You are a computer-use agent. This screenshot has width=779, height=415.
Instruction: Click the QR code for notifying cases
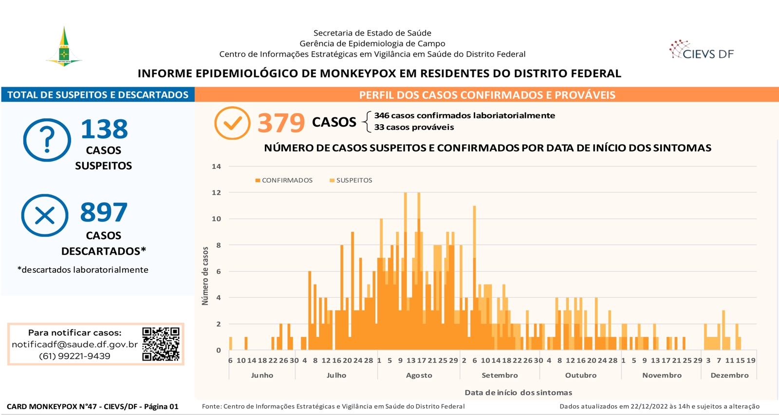[161, 344]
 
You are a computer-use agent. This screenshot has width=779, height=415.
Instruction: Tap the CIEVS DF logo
[702, 50]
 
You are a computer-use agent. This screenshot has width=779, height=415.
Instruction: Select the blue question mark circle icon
[47, 140]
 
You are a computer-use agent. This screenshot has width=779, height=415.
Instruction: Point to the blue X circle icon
[45, 215]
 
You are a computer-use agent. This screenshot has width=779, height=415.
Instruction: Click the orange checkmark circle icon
[232, 123]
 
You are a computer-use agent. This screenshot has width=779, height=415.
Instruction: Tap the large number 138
[104, 129]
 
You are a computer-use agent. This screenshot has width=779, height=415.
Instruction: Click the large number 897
[104, 212]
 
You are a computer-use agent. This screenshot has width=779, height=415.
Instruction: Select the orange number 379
[281, 123]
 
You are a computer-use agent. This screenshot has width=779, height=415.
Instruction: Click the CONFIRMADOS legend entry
[284, 180]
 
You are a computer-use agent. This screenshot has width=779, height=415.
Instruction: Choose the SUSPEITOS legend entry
[351, 180]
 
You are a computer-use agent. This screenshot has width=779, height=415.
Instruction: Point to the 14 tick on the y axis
[216, 166]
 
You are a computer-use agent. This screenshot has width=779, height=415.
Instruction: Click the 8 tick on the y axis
[219, 245]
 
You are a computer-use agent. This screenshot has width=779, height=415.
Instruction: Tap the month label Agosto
[419, 376]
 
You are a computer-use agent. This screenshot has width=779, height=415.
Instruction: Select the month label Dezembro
[730, 376]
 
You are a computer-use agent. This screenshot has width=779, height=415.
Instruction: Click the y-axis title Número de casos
[205, 276]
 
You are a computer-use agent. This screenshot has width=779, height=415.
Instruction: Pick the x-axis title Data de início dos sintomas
[518, 393]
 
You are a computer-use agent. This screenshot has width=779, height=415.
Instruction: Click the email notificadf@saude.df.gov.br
[75, 344]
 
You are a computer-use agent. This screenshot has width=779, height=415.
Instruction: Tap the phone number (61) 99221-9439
[75, 356]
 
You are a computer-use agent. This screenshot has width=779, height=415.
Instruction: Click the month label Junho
[262, 376]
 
